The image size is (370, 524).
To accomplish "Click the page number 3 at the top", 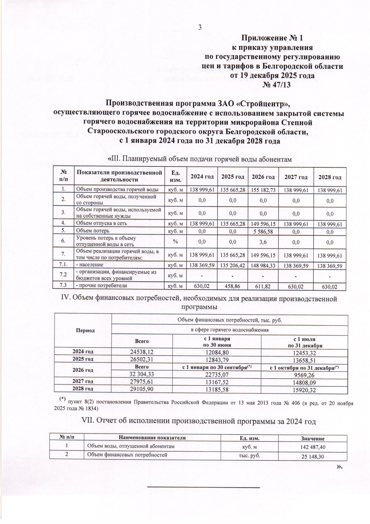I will coord(199,28).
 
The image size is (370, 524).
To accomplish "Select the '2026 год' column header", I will coord(263,177).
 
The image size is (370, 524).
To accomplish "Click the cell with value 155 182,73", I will coord(263,190).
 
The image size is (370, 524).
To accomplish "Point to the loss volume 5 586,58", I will coord(263,231).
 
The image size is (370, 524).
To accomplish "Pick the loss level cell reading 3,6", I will coord(263,242).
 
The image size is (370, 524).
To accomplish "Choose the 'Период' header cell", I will coord(85,330).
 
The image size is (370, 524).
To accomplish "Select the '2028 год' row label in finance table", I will coord(83,389).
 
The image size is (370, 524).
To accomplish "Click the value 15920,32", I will coord(304,390).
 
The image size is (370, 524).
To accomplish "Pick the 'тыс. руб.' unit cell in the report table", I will coord(249,455).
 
